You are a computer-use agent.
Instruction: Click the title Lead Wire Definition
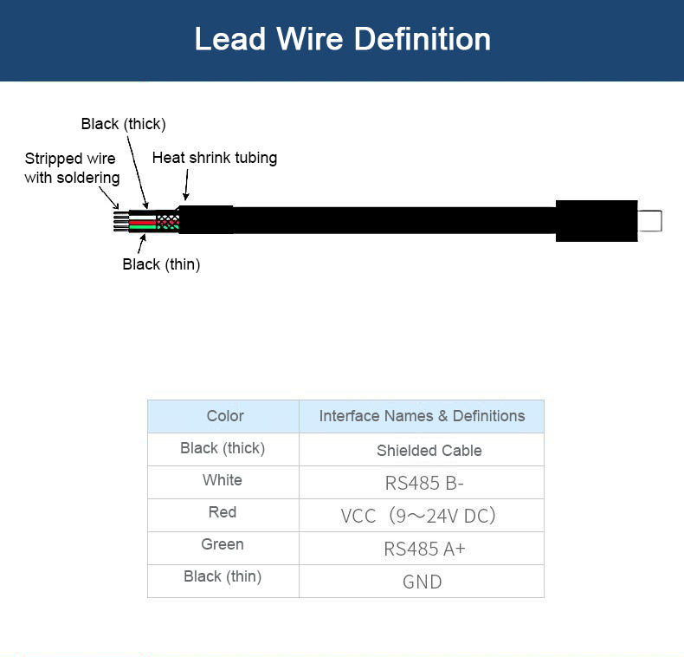(x=343, y=39)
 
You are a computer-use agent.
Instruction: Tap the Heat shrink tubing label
(x=215, y=158)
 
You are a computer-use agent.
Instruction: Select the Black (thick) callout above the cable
(x=124, y=124)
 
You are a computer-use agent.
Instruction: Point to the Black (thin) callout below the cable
(x=161, y=264)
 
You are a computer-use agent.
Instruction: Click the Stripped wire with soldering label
(x=72, y=168)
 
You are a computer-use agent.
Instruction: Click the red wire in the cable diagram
(x=142, y=223)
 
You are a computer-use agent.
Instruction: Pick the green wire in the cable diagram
(x=142, y=227)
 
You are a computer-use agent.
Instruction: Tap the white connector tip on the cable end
(x=649, y=221)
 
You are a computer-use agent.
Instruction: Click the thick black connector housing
(x=597, y=221)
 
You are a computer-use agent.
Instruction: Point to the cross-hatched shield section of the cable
(x=167, y=222)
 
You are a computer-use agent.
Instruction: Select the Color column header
(x=225, y=416)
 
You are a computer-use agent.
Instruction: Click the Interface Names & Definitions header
(x=422, y=416)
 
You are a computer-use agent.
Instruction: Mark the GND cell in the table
(x=422, y=582)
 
